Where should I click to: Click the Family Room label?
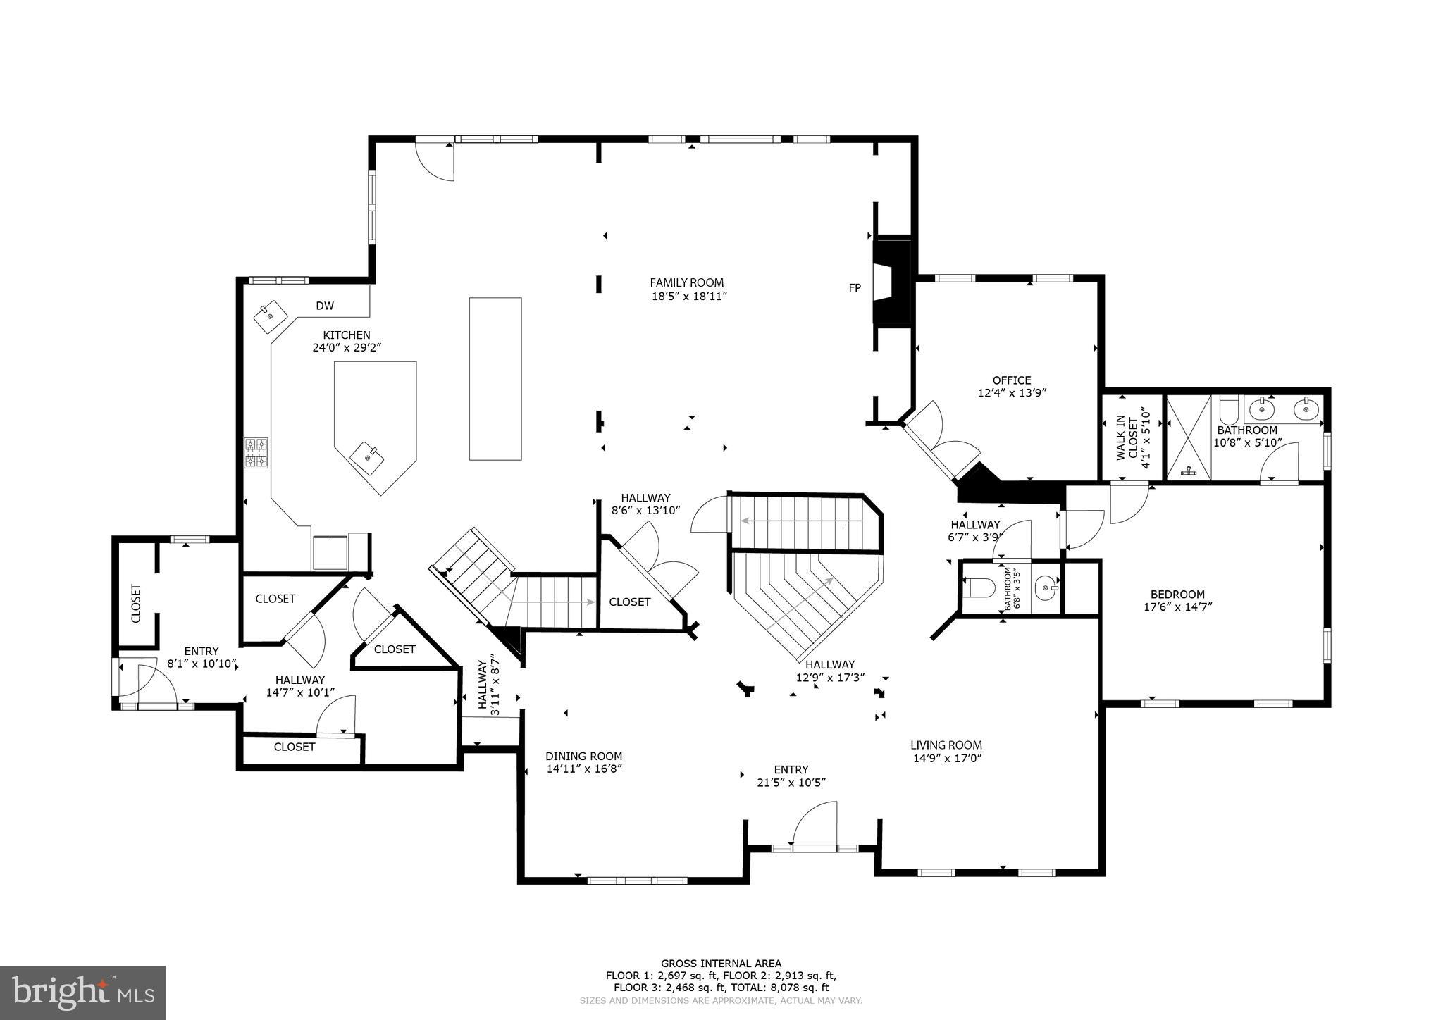(x=686, y=283)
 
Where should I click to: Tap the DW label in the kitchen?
(x=325, y=306)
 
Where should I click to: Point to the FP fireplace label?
(x=854, y=288)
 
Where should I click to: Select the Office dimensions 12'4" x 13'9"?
(x=1012, y=393)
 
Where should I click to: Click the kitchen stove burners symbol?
(x=256, y=452)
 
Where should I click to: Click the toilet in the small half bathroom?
(x=981, y=587)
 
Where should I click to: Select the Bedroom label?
(x=1177, y=594)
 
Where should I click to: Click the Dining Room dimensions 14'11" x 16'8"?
(x=583, y=769)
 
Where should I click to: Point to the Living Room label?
(x=946, y=745)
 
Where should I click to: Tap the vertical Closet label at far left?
(x=136, y=604)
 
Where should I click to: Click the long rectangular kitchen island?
(x=495, y=378)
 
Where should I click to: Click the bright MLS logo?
(x=82, y=993)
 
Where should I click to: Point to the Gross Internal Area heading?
(x=721, y=964)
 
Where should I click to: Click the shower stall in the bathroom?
(x=1189, y=439)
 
